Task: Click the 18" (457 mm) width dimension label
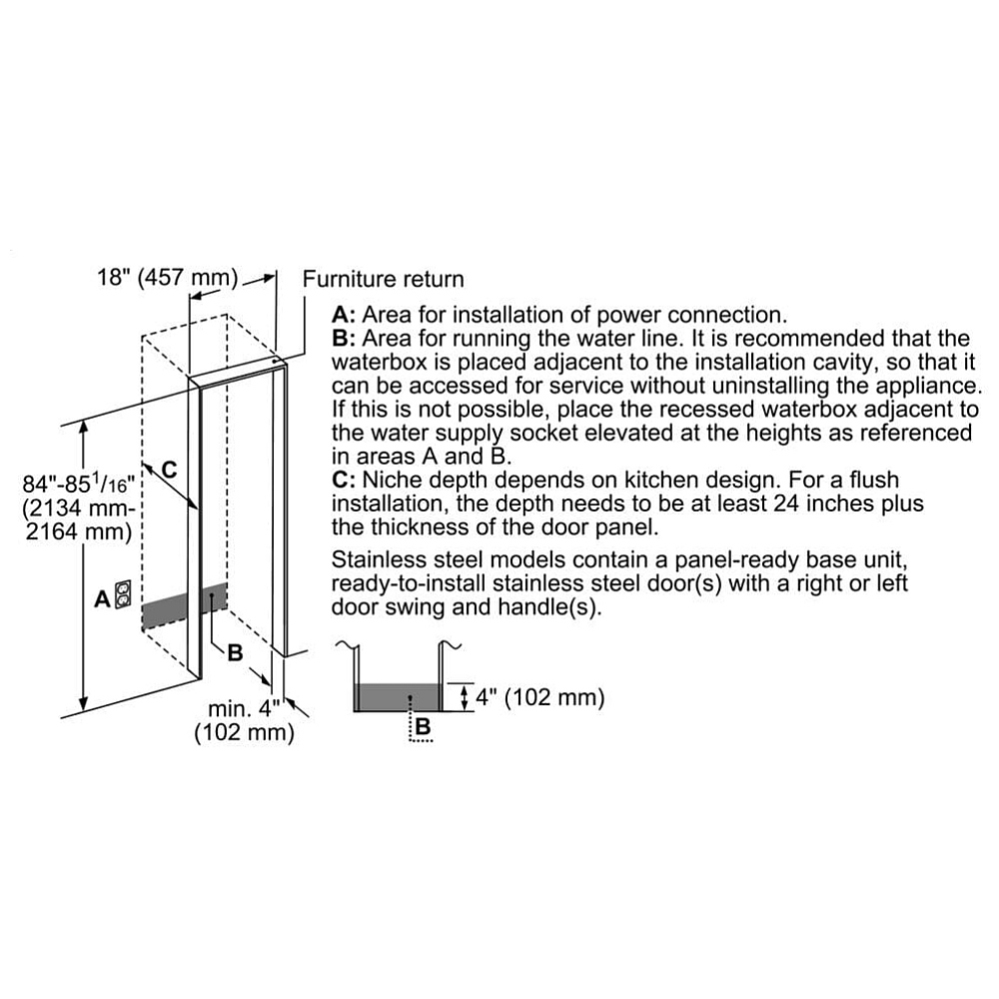[168, 277]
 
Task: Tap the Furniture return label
[384, 279]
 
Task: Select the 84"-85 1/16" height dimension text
[77, 486]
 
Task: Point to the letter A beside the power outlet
[101, 599]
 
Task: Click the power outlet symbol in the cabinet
[123, 595]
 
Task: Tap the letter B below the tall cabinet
[235, 652]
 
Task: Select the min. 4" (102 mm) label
[244, 720]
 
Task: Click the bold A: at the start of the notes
[345, 315]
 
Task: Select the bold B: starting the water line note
[345, 339]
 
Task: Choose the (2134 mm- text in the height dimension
[77, 508]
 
